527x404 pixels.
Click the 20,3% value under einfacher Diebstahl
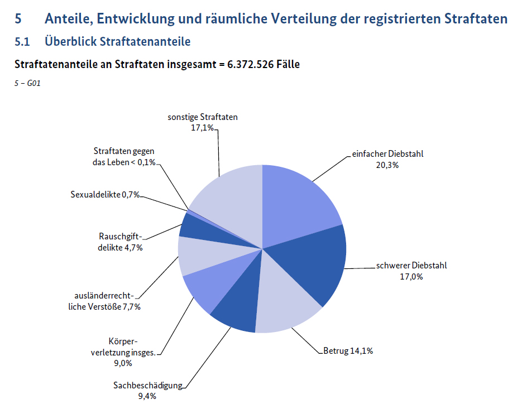pos(387,165)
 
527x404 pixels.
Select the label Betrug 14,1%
pos(348,351)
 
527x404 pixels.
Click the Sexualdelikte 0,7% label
pos(105,195)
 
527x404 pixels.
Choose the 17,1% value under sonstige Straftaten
pos(202,128)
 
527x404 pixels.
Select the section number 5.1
pos(22,42)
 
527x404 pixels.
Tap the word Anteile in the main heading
pos(68,19)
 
